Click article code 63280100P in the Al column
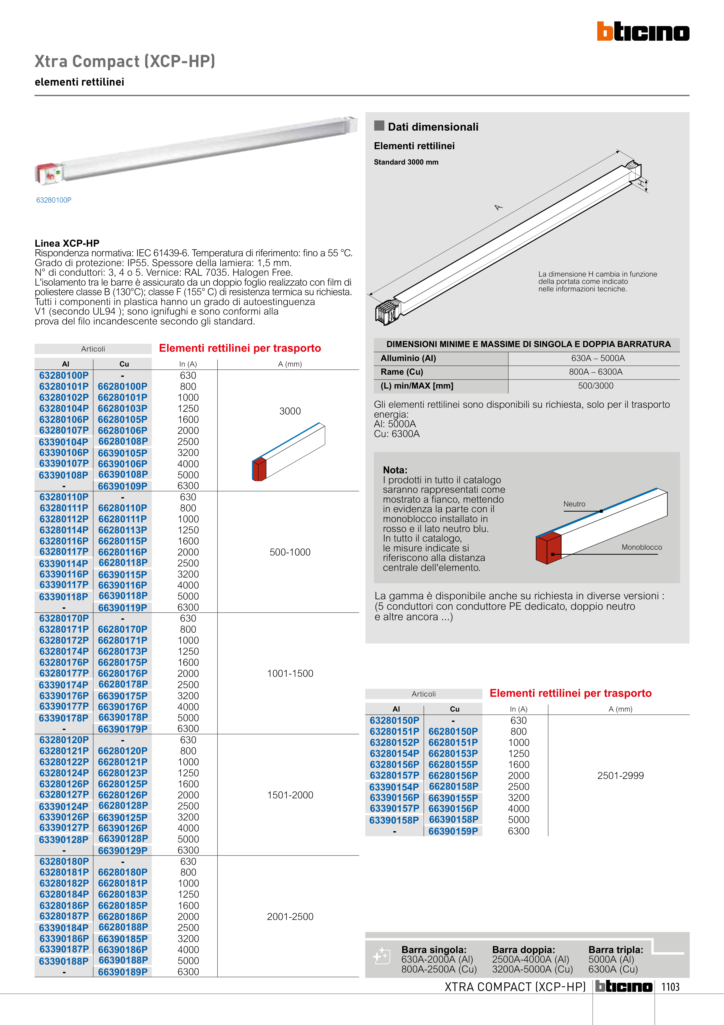64,376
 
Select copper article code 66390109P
123,486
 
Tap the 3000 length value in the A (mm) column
290,411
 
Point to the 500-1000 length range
290,552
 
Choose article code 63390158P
394,820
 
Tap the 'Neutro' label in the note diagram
574,504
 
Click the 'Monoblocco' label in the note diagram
641,547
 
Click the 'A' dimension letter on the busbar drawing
498,207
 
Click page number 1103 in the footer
670,987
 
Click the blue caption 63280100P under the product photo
54,200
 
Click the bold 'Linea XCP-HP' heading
67,243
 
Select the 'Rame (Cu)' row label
402,372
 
